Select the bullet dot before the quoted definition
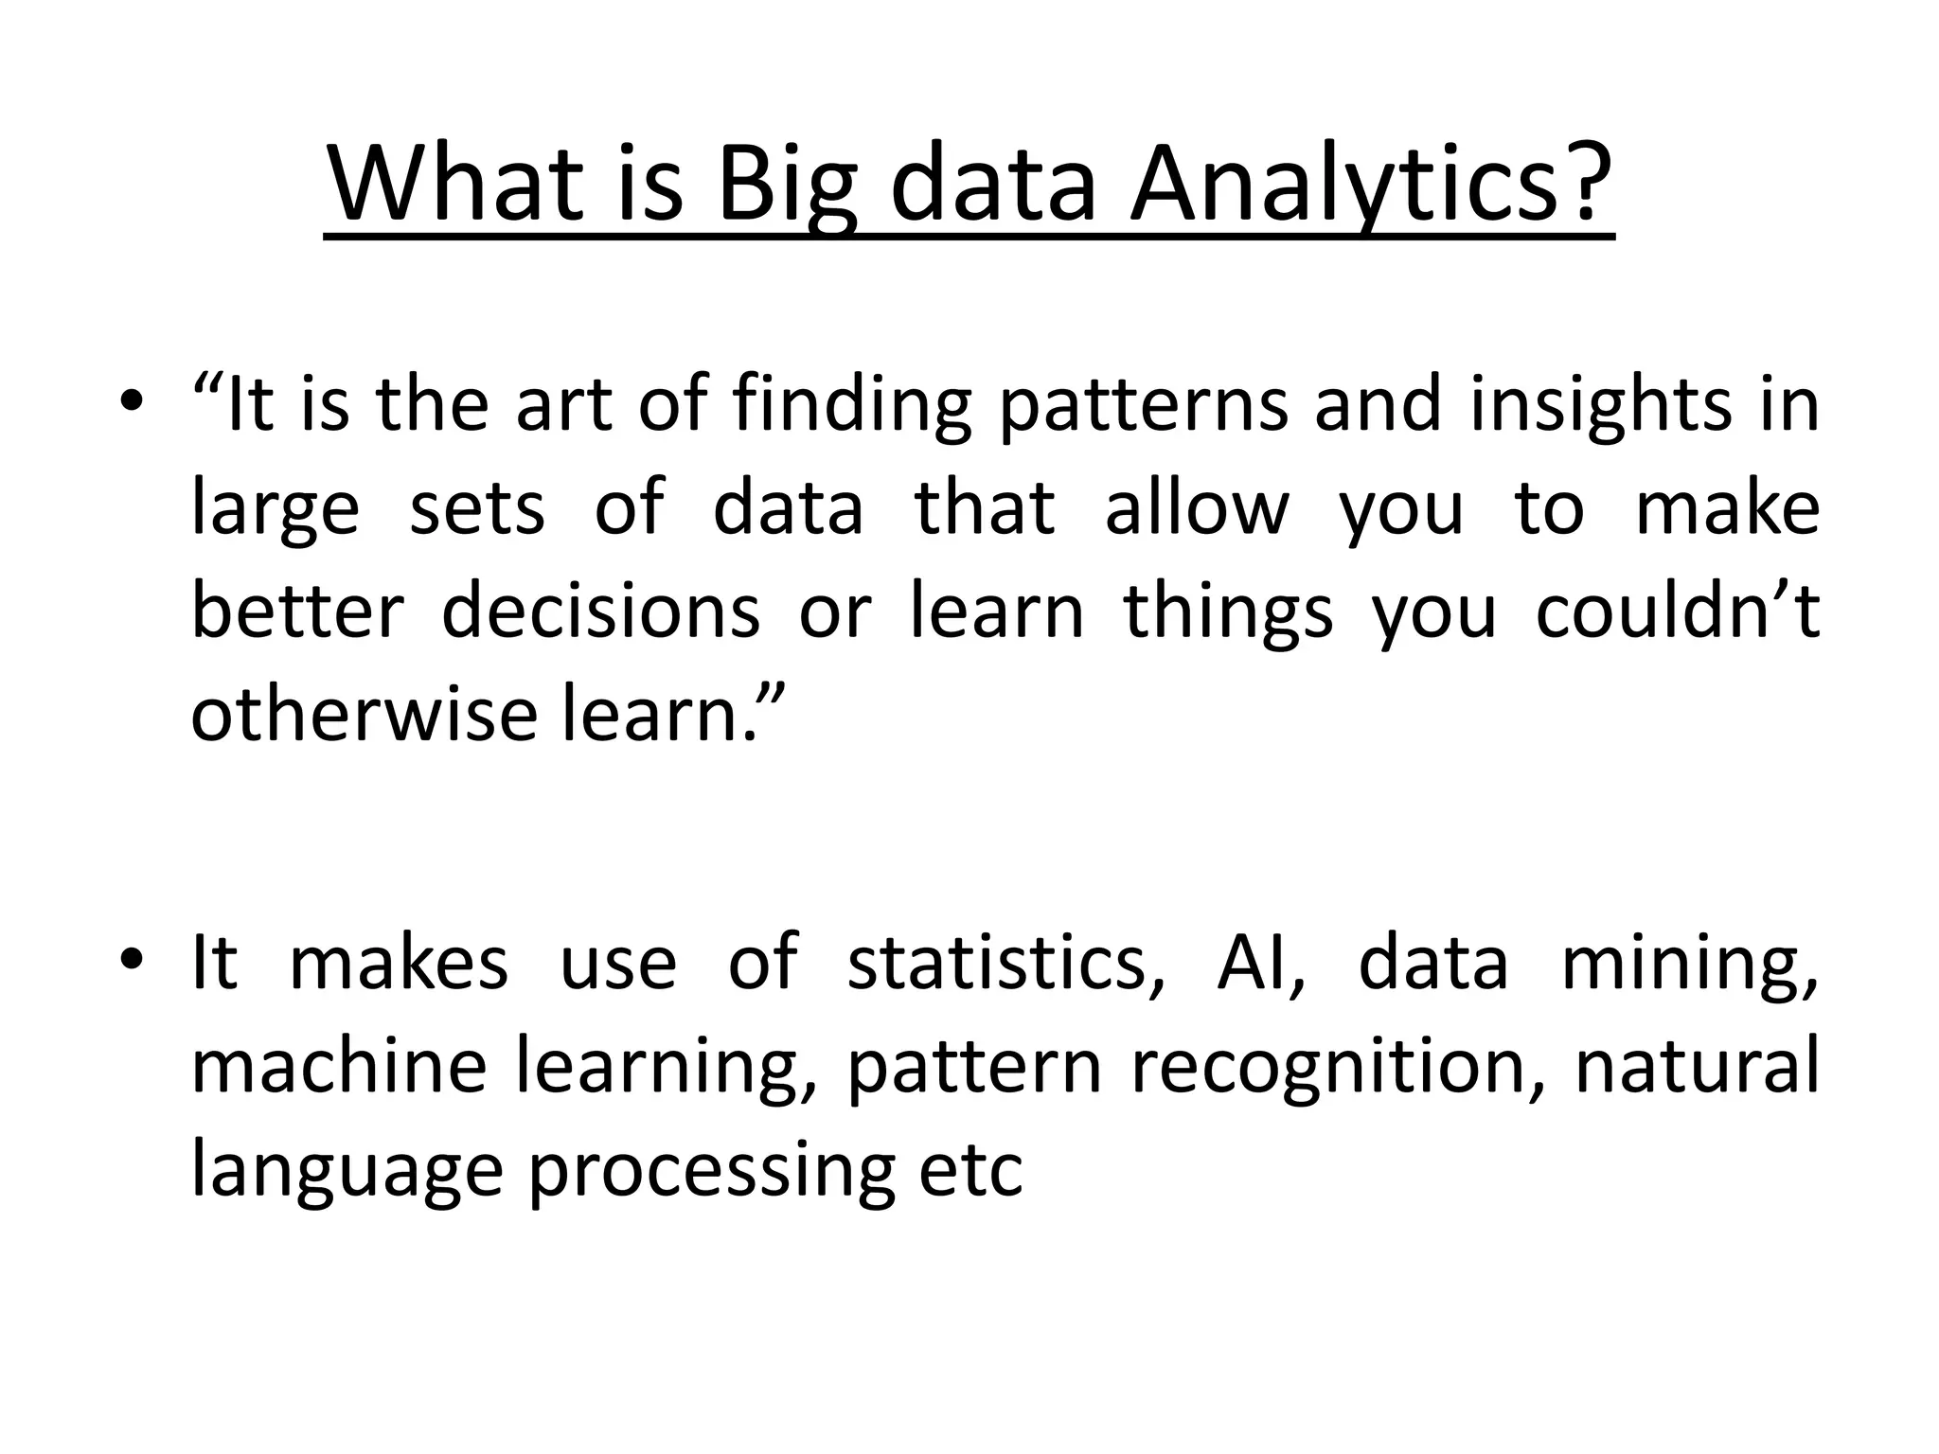coord(132,403)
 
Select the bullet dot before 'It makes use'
coord(132,961)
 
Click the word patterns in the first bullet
coord(1144,405)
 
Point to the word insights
coord(1599,405)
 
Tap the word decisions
coord(600,611)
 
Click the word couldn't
coord(1677,611)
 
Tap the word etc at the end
coord(971,1169)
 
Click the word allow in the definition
coord(1197,507)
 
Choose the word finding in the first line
coord(852,405)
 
